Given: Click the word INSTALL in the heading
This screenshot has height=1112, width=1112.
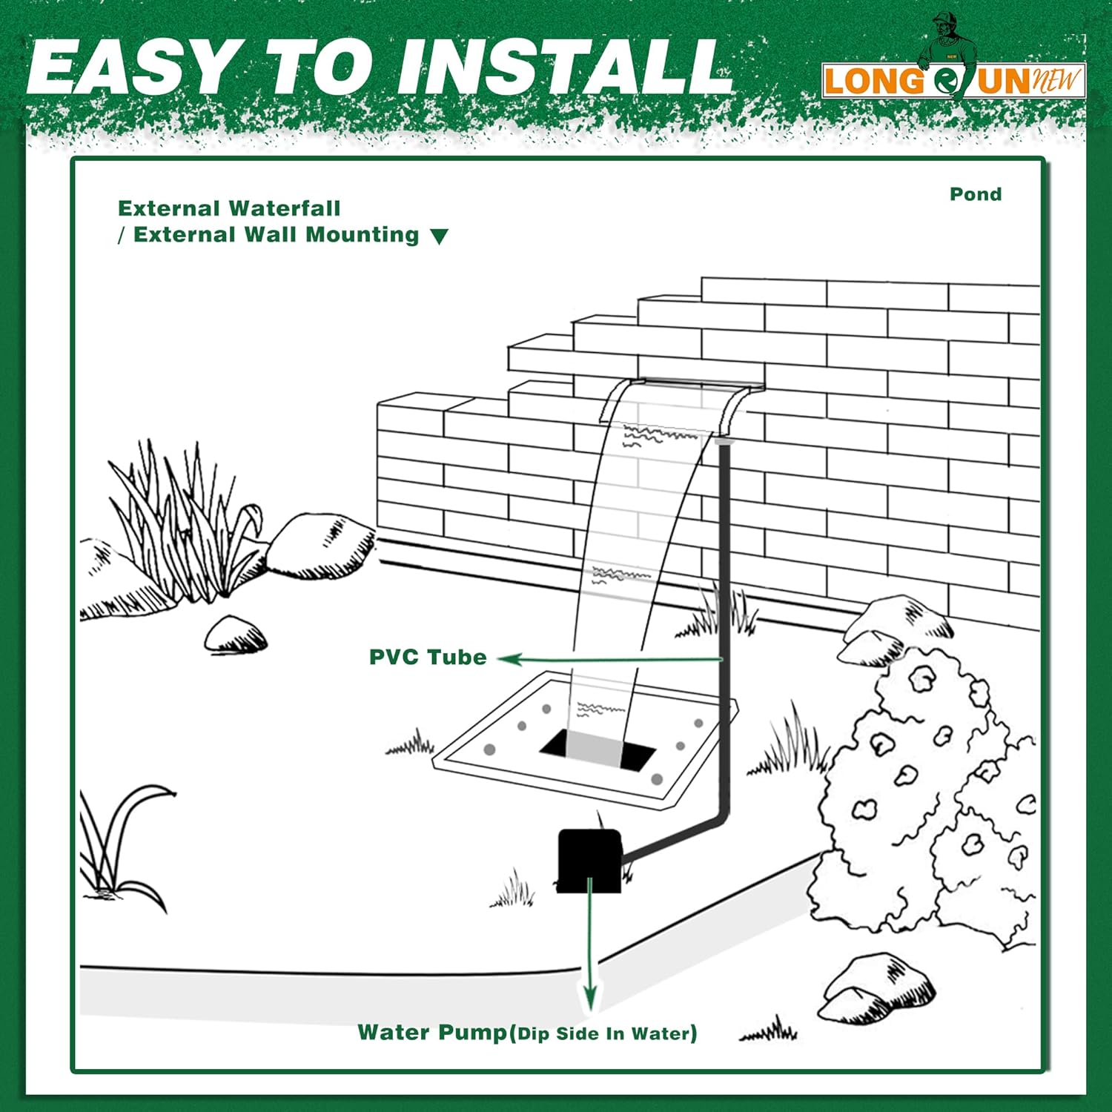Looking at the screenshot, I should pos(563,68).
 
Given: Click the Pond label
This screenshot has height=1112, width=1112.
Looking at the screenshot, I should pos(976,194).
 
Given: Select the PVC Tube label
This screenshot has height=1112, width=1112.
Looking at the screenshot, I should pos(428,658).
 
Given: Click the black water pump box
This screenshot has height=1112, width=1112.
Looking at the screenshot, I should pos(589,860).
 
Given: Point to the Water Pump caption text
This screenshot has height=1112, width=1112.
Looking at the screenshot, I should pos(526,1033).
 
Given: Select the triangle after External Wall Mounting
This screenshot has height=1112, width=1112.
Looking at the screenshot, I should pos(440,236).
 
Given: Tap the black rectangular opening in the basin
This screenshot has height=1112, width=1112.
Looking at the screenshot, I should pos(597,750).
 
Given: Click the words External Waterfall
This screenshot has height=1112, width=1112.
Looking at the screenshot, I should pos(229,208).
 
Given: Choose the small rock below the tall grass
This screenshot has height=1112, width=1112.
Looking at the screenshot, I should pos(236,636).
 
